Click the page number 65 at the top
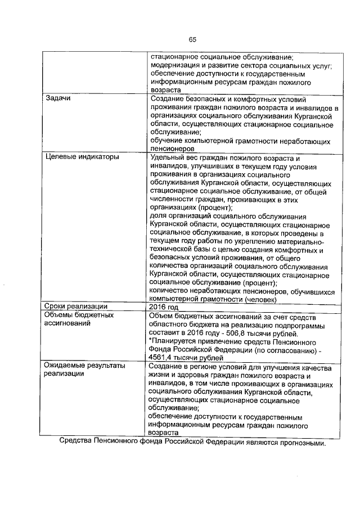pos(192,39)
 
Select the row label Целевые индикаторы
pos(82,157)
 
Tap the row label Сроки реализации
pos(76,307)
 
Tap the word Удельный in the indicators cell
pos(168,157)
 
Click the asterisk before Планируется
pos(150,340)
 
